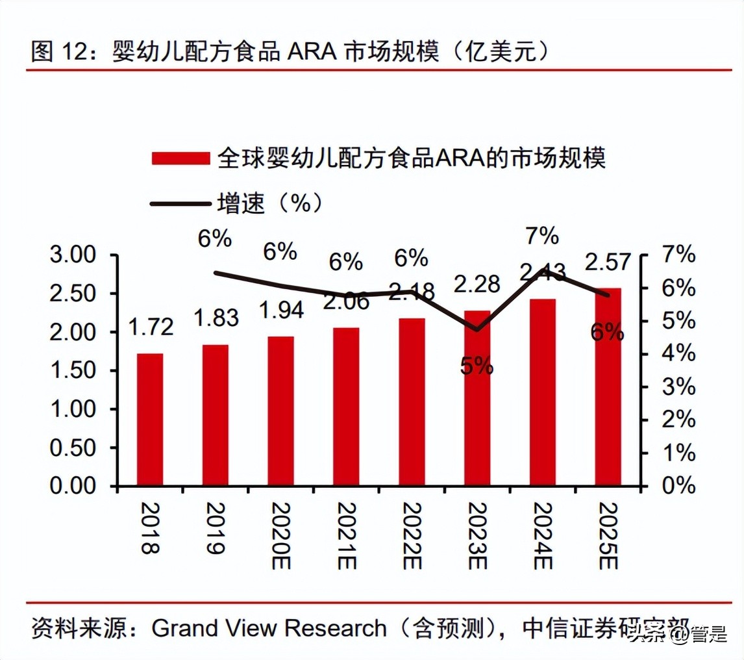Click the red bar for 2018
[149, 419]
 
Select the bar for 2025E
[608, 387]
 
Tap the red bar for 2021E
[345, 406]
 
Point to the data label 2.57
[608, 262]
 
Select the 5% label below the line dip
[477, 366]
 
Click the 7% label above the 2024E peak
[542, 236]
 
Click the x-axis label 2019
[215, 528]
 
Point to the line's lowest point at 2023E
[477, 329]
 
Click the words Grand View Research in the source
[269, 628]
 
